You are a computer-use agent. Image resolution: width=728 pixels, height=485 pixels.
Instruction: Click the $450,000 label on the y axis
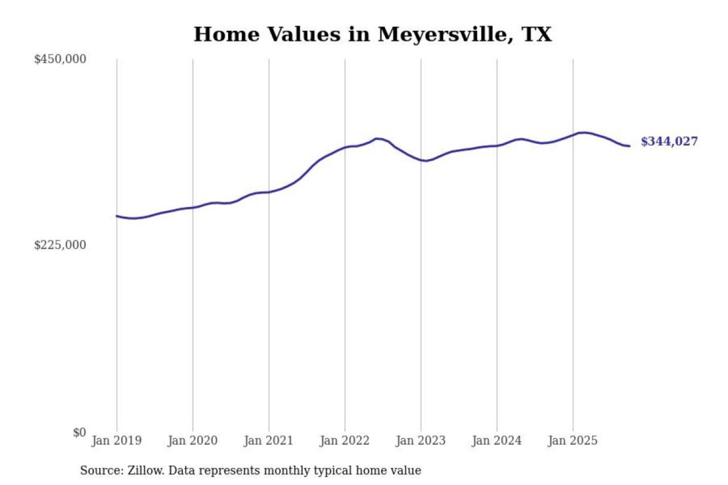[60, 59]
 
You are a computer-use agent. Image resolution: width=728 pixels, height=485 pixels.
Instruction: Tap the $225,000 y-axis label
[60, 245]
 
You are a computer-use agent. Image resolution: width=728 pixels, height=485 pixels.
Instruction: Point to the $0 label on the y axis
[79, 432]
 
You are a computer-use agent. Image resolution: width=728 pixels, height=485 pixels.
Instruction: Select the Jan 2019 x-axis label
[117, 441]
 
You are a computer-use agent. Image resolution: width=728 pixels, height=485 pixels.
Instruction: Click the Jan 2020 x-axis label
[193, 441]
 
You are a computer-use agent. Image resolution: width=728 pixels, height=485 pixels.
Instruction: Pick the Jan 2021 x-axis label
[268, 441]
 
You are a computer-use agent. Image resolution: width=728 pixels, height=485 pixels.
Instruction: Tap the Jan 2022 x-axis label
[345, 441]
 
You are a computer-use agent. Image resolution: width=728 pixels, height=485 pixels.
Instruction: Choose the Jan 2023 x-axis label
[421, 441]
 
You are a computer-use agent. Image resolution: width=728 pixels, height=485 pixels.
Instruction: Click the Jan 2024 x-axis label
[496, 441]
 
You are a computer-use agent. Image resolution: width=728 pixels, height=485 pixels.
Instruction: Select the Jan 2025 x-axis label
[573, 441]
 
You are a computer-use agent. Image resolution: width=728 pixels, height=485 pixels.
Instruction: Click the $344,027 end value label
[669, 141]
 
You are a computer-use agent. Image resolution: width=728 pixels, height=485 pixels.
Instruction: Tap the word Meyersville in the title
[442, 35]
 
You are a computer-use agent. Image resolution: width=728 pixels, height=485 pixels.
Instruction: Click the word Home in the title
[226, 34]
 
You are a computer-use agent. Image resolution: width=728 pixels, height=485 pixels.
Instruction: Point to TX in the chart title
[537, 34]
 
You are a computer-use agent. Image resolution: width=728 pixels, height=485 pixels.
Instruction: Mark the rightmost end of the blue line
[629, 146]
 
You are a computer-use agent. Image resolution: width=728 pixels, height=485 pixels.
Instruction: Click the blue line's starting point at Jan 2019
[117, 216]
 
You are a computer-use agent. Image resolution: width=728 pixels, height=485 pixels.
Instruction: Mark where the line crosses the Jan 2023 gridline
[421, 160]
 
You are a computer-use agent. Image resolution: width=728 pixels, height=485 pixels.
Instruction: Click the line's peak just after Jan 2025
[583, 132]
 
